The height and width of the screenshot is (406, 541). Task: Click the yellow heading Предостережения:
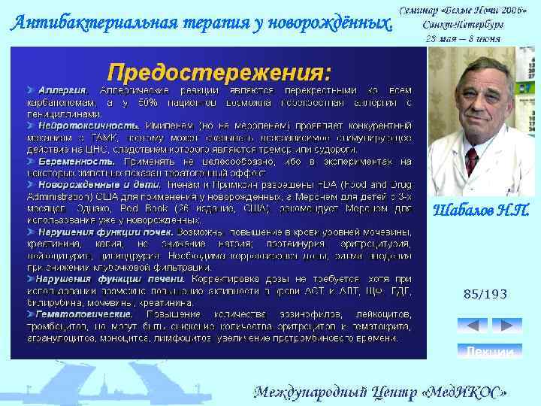click(x=219, y=73)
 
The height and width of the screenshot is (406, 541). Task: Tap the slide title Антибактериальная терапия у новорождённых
click(x=201, y=23)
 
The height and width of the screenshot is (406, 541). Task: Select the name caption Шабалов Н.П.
click(x=482, y=212)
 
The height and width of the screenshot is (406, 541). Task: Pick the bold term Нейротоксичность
click(x=89, y=124)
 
